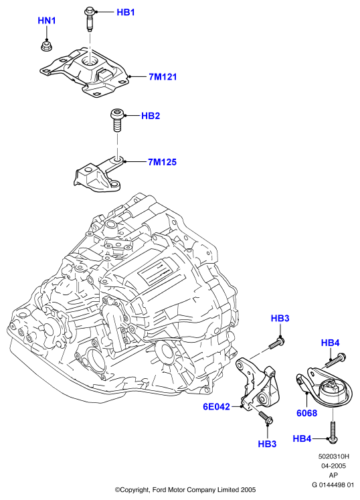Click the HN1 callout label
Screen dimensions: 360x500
[x=47, y=21]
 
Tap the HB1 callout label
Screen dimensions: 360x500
[x=126, y=13]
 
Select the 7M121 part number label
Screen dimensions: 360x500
[x=163, y=77]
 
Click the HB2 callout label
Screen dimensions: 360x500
[x=151, y=116]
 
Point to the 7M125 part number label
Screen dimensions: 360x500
[x=162, y=162]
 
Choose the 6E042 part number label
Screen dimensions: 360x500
[x=217, y=407]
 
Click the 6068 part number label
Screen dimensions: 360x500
[x=306, y=413]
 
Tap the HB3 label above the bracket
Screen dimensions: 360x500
[x=280, y=318]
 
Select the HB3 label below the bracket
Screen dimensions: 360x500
[x=267, y=444]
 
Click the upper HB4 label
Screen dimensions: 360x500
[x=331, y=343]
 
